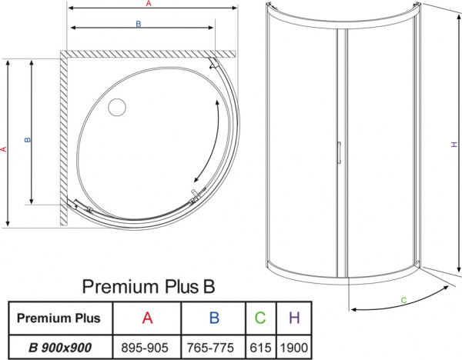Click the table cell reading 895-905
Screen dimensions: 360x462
[146, 346]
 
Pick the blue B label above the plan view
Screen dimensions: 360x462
[138, 25]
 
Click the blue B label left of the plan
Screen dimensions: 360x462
[28, 140]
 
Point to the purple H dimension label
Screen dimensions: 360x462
[454, 144]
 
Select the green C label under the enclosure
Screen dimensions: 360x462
[403, 298]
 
